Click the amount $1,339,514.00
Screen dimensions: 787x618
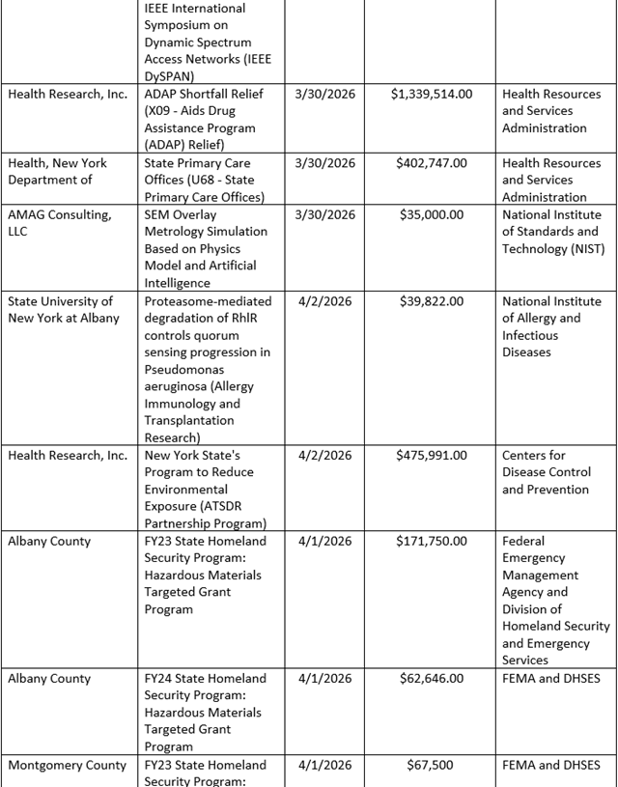point(432,94)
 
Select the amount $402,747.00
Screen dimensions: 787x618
point(432,163)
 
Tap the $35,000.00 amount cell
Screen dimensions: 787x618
point(432,214)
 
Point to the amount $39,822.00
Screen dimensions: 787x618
point(432,301)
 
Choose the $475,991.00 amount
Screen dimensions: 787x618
point(432,455)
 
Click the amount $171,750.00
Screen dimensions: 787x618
point(432,541)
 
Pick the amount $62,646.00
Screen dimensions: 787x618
point(432,678)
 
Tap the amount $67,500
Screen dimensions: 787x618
point(432,765)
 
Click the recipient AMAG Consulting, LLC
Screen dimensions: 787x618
point(60,222)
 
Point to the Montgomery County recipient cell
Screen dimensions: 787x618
point(67,765)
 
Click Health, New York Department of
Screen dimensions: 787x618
point(57,171)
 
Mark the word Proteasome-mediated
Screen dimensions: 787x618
point(208,301)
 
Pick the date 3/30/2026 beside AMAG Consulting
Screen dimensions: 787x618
point(325,214)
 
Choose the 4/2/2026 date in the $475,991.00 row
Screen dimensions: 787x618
point(325,455)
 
